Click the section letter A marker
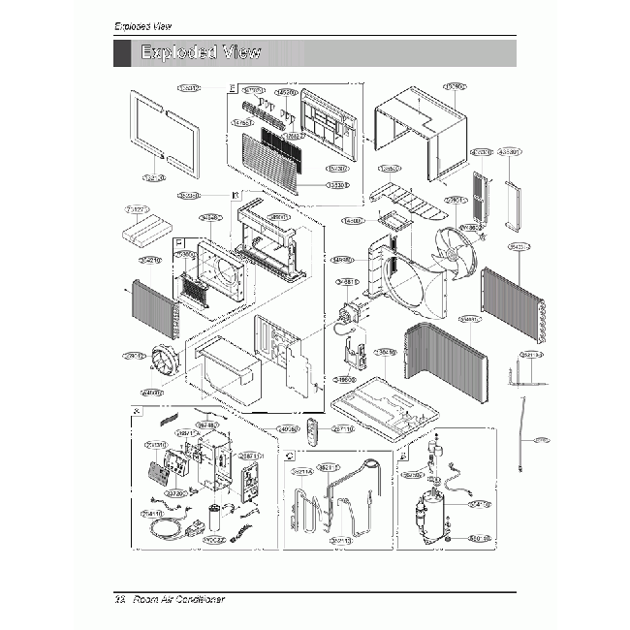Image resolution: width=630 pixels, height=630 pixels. [135, 412]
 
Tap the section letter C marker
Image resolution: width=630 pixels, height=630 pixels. [289, 454]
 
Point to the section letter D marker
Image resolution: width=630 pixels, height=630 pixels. [236, 195]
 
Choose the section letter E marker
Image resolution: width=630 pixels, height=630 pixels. [231, 88]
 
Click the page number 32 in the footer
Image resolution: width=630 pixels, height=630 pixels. [120, 600]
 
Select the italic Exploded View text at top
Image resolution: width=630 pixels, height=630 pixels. [143, 24]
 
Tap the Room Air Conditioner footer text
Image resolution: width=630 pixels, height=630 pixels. [178, 600]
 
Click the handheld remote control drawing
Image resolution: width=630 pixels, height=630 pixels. [310, 432]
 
